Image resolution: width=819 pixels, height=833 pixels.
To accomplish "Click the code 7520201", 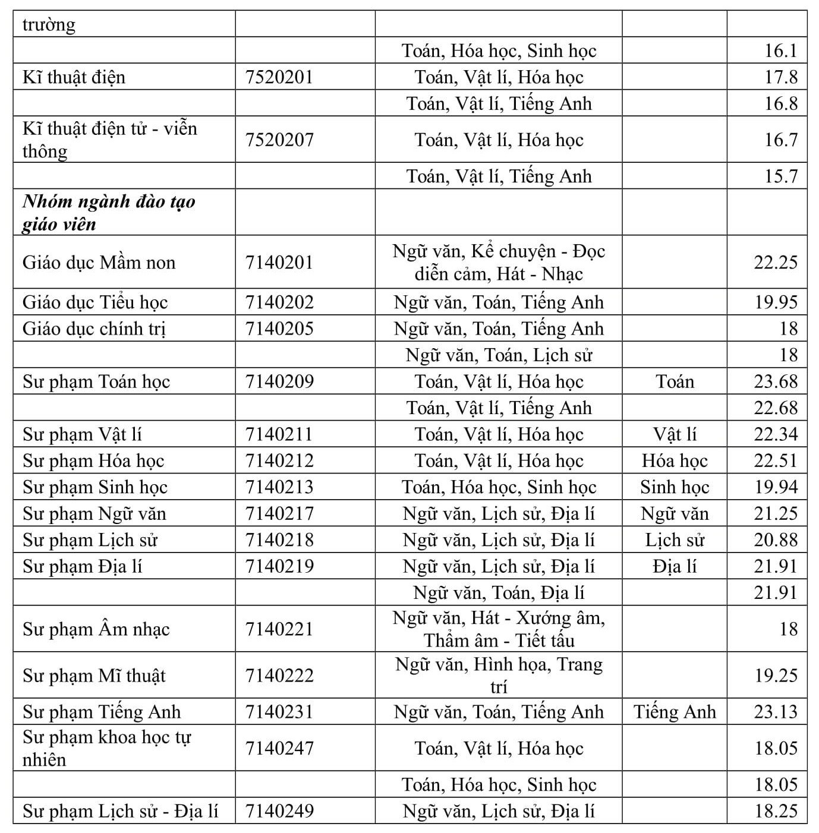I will [279, 77].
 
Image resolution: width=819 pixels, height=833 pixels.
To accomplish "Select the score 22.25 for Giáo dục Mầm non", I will [775, 262].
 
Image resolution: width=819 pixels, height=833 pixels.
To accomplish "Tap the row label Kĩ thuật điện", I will [74, 77].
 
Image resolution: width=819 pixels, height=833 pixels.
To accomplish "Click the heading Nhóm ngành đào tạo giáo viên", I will [109, 213].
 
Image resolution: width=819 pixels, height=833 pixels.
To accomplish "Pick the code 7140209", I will [279, 381].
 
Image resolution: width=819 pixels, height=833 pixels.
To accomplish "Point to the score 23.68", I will [775, 381].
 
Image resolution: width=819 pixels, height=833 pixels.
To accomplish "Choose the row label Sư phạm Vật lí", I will [83, 434].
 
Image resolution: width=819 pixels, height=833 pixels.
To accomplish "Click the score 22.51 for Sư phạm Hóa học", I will [775, 461].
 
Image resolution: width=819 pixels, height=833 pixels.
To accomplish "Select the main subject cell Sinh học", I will [675, 487].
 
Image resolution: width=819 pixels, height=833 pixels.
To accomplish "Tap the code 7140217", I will [279, 513].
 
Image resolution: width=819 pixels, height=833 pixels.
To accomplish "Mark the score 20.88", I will [775, 540].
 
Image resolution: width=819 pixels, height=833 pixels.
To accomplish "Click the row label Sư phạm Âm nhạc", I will [96, 629].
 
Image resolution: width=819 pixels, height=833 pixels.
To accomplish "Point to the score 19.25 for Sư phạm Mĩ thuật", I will [775, 676].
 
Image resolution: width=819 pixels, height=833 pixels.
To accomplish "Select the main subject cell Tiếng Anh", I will [675, 712].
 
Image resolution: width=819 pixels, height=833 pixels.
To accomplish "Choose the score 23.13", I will [775, 712].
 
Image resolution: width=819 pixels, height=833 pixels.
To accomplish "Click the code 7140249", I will [279, 811].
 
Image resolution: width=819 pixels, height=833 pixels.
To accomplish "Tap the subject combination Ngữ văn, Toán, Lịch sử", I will [499, 355].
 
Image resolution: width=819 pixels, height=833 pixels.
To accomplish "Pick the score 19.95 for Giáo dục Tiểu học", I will [775, 302].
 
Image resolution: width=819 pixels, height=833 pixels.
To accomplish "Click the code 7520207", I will [279, 140].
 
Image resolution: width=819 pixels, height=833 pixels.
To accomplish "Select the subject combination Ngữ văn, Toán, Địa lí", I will [499, 592].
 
